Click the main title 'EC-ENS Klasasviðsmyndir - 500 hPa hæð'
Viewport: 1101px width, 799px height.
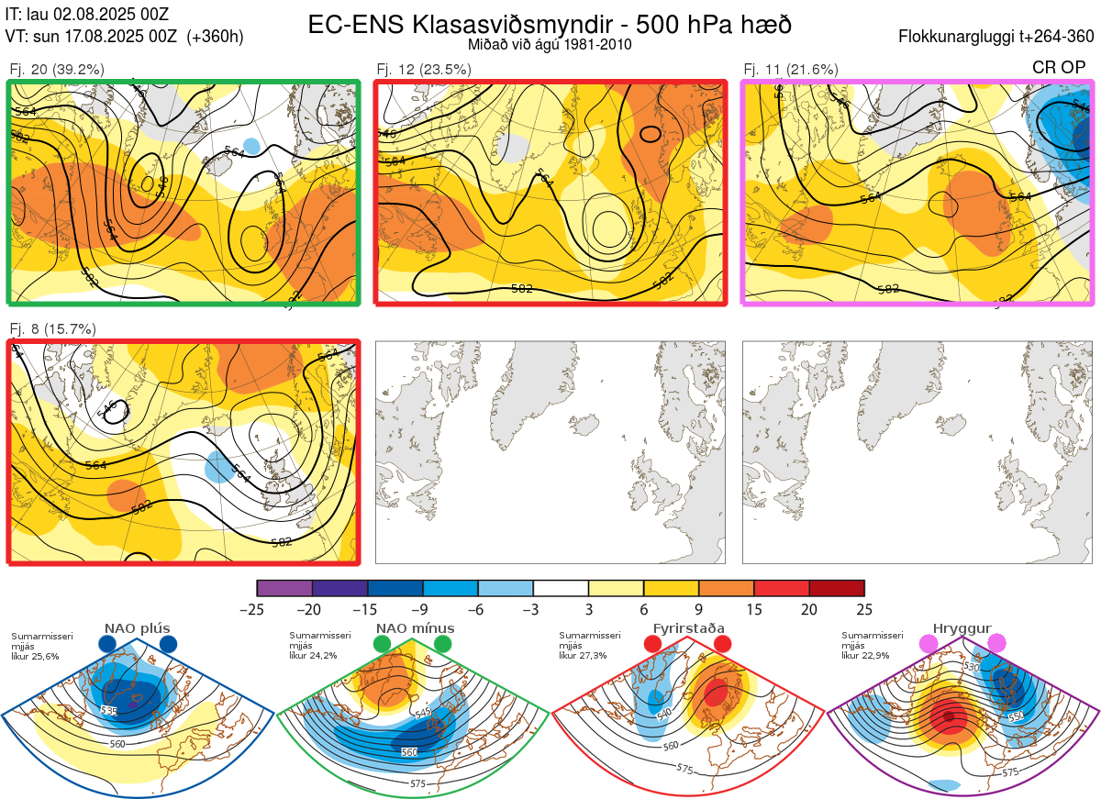pos(549,24)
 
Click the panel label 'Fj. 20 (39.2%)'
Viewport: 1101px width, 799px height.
pos(57,69)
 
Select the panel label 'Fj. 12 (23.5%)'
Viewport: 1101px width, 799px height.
pos(424,69)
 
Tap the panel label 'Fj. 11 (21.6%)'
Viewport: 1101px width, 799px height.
pos(791,69)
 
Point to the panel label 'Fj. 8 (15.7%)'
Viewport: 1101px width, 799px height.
pos(52,328)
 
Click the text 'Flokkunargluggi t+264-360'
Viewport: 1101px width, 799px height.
pos(998,37)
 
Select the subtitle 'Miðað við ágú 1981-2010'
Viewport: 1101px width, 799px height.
pos(549,44)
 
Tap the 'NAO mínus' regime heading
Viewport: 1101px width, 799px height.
pos(415,628)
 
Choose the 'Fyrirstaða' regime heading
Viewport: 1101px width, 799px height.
pos(689,628)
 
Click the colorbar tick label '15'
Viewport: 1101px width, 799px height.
pos(754,609)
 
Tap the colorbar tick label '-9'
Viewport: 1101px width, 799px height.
pos(419,609)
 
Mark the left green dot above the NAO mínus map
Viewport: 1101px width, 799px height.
pos(382,645)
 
